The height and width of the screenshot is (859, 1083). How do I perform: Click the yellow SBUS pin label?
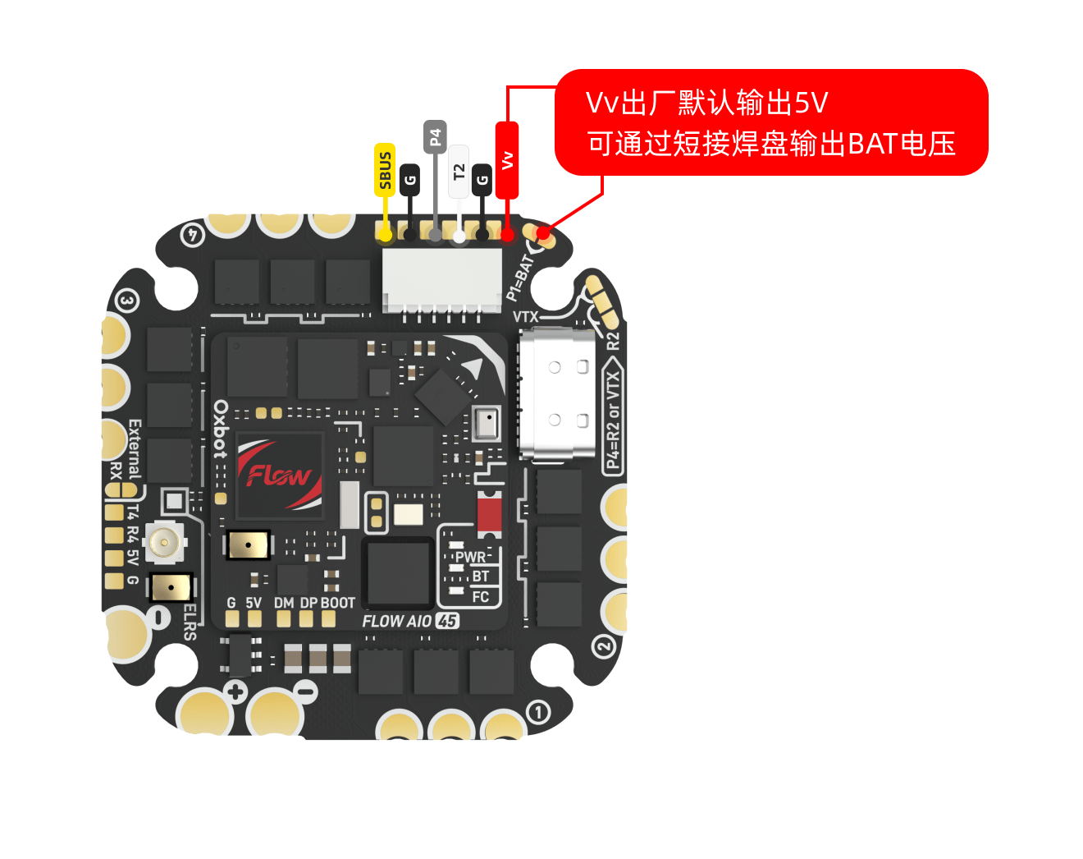click(x=385, y=170)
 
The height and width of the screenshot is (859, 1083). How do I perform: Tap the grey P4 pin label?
click(x=436, y=136)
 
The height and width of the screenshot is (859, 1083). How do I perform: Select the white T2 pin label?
click(x=459, y=172)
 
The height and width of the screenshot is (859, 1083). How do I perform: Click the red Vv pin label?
click(x=507, y=161)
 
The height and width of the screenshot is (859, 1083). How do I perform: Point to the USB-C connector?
click(x=558, y=394)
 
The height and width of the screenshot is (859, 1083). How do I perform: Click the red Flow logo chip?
click(x=280, y=475)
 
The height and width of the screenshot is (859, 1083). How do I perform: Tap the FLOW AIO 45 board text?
click(x=411, y=621)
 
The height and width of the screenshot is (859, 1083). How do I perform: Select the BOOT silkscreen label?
click(x=338, y=603)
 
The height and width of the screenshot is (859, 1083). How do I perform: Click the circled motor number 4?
click(x=193, y=235)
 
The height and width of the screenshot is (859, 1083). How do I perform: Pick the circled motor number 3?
click(x=127, y=301)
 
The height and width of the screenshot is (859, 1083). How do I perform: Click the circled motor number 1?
click(x=538, y=712)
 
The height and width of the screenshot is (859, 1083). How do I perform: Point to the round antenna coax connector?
click(x=164, y=542)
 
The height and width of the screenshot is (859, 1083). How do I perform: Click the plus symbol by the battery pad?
click(x=235, y=691)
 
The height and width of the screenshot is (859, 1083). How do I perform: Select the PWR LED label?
click(x=471, y=558)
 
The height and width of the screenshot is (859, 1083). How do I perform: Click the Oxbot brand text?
click(x=221, y=429)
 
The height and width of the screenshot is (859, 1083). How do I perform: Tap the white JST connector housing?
click(x=442, y=281)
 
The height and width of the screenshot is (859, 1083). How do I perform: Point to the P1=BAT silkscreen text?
click(x=520, y=278)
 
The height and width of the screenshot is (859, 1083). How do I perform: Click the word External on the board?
click(x=135, y=449)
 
